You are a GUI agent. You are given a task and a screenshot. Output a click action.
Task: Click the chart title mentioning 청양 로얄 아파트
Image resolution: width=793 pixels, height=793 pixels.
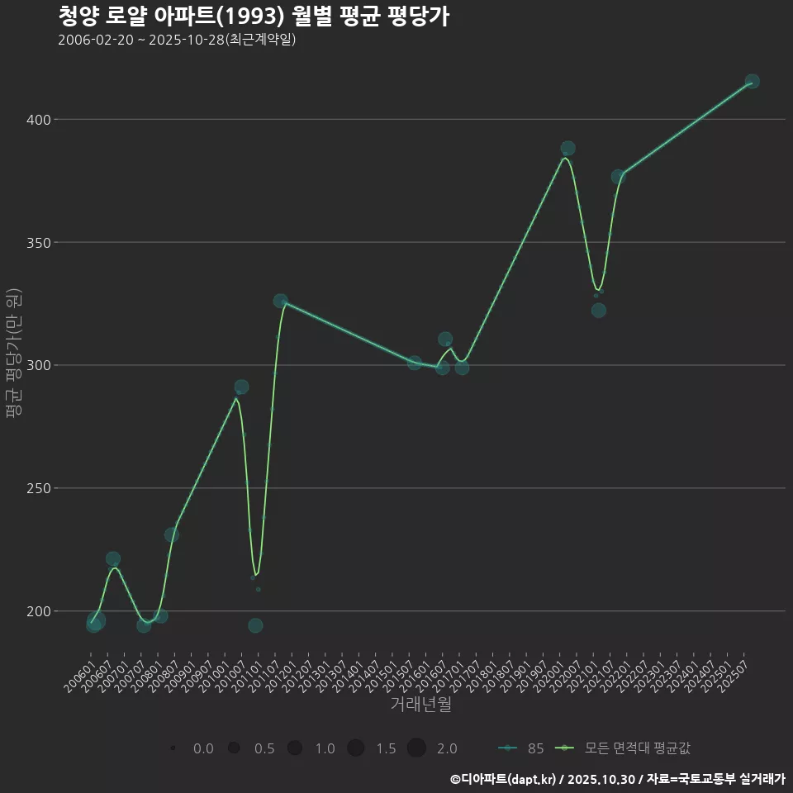[x=254, y=17]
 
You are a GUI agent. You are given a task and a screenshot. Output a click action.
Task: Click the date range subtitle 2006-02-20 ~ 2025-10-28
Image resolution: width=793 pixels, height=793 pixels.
[x=177, y=40]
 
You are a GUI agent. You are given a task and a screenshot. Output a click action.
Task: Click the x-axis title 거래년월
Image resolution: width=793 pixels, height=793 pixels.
[x=420, y=705]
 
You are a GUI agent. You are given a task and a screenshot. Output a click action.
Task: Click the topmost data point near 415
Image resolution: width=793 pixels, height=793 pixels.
[x=752, y=82]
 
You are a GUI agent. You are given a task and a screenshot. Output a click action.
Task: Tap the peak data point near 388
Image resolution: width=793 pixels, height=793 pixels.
[x=567, y=149]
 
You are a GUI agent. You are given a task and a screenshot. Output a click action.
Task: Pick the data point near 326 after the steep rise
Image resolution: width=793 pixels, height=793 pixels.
[x=281, y=302]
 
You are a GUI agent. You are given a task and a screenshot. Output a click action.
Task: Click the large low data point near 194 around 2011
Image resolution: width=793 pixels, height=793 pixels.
[x=255, y=625]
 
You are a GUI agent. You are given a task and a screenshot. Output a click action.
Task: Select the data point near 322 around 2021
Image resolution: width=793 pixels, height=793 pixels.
[x=599, y=311]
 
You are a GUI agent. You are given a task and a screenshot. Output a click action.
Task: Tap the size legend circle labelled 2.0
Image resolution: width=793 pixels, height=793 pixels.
[x=415, y=748]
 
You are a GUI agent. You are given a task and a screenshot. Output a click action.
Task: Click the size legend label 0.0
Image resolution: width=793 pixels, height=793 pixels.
[x=203, y=748]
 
